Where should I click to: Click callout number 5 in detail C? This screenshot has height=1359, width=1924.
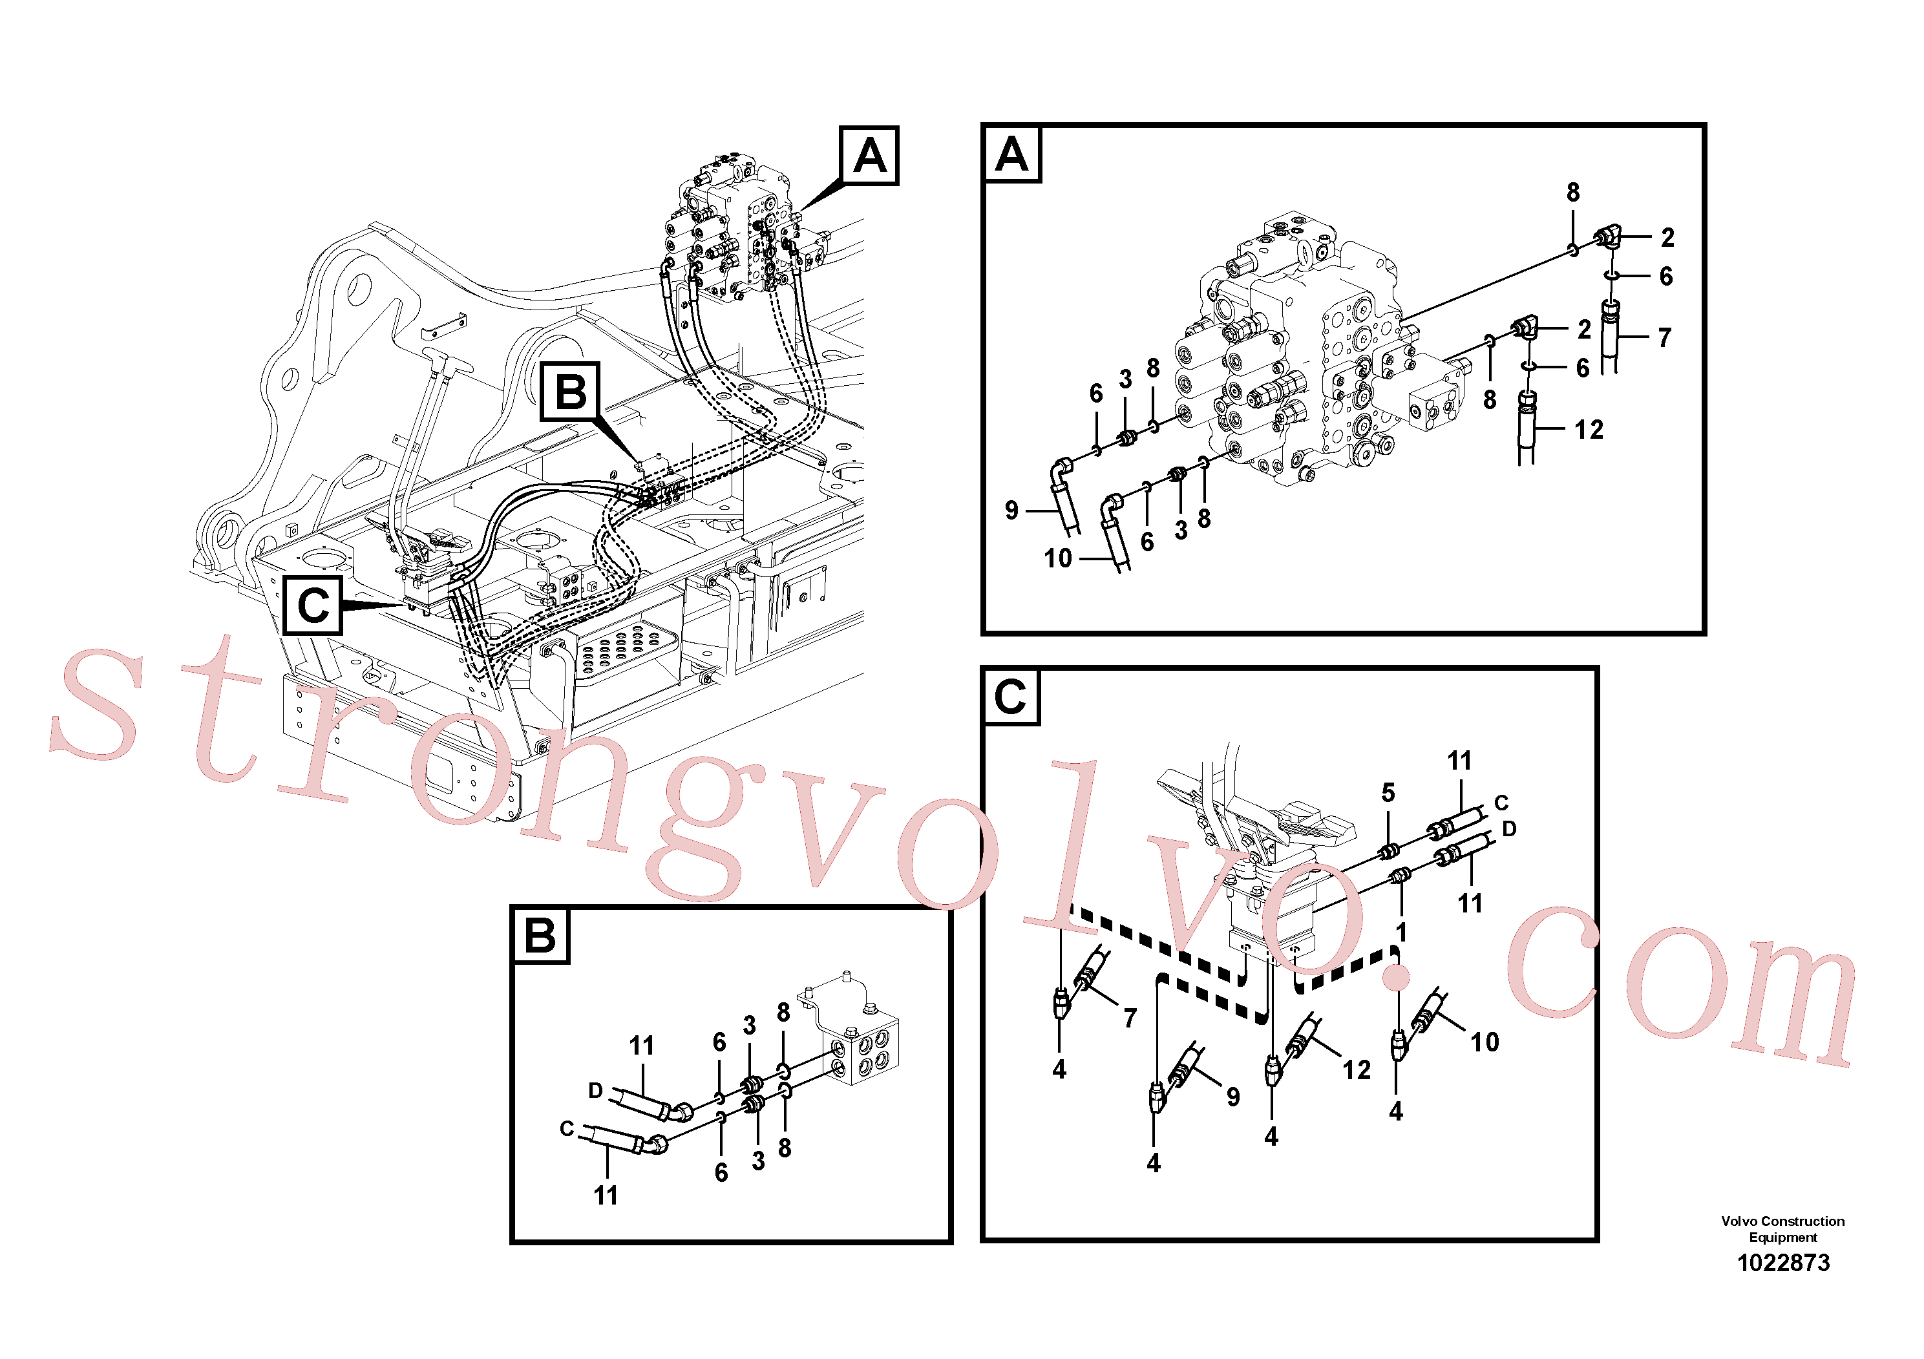pyautogui.click(x=1388, y=793)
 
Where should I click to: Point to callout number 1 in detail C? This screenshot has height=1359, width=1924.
pyautogui.click(x=1401, y=932)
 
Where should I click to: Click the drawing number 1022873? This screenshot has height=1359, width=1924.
pyautogui.click(x=1783, y=1263)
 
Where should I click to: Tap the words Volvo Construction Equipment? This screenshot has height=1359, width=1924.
pyautogui.click(x=1783, y=1229)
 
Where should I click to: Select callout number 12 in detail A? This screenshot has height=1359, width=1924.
pyautogui.click(x=1589, y=430)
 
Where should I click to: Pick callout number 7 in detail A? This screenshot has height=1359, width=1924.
pyautogui.click(x=1664, y=338)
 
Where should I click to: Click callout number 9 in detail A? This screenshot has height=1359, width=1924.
pyautogui.click(x=1011, y=511)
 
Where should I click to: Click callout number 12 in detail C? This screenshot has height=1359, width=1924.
pyautogui.click(x=1357, y=1070)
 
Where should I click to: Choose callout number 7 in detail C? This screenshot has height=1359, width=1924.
pyautogui.click(x=1130, y=1018)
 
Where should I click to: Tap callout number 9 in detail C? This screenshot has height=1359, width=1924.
pyautogui.click(x=1232, y=1097)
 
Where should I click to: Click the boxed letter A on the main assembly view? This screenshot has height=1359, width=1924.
pyautogui.click(x=870, y=156)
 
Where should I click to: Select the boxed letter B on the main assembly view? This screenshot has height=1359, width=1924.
pyautogui.click(x=571, y=391)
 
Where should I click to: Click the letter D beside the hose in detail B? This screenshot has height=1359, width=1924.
pyautogui.click(x=595, y=1090)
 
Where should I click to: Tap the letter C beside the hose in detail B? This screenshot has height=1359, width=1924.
pyautogui.click(x=567, y=1128)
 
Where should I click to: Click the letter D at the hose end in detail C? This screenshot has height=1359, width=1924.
pyautogui.click(x=1509, y=828)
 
